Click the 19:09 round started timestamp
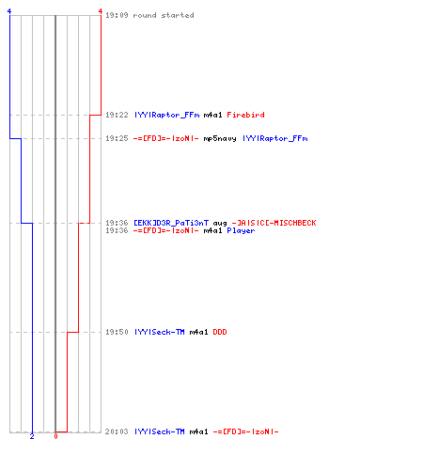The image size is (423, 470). pyautogui.click(x=117, y=15)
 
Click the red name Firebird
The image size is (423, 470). pyautogui.click(x=245, y=115)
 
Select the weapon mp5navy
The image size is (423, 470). pyautogui.click(x=220, y=138)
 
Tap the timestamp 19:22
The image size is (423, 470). pyautogui.click(x=117, y=115)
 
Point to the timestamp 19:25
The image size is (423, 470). pyautogui.click(x=117, y=138)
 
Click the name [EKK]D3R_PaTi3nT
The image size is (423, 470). pyautogui.click(x=171, y=223)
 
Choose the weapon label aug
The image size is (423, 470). pyautogui.click(x=220, y=223)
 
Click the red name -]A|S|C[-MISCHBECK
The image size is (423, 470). pyautogui.click(x=274, y=223)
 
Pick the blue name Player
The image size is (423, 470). pyautogui.click(x=241, y=230)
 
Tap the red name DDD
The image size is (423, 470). pyautogui.click(x=220, y=332)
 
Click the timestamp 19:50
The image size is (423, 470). pyautogui.click(x=117, y=332)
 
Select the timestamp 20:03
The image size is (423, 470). pyautogui.click(x=117, y=431)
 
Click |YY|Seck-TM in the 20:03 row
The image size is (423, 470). pyautogui.click(x=160, y=431)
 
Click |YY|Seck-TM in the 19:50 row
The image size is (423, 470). pyautogui.click(x=160, y=332)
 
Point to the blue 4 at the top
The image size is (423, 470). pyautogui.click(x=9, y=11)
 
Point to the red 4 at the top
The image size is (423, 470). pyautogui.click(x=101, y=11)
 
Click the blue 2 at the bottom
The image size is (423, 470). pyautogui.click(x=32, y=436)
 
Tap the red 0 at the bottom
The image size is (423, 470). pyautogui.click(x=55, y=436)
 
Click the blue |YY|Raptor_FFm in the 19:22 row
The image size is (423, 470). pyautogui.click(x=167, y=115)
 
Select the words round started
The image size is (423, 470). pyautogui.click(x=164, y=15)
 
